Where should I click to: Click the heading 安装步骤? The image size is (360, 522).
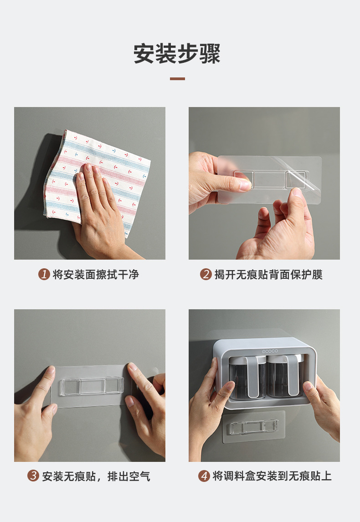point(177,54)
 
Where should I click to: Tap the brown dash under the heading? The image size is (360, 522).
point(177,79)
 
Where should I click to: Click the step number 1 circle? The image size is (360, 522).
point(44,275)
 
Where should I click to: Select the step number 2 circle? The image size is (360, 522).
point(206,275)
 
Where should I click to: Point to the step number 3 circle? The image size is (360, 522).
point(33,476)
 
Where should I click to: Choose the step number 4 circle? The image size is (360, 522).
point(204,476)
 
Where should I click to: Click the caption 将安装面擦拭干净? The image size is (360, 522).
point(96,275)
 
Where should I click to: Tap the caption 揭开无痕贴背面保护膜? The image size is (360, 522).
point(268,275)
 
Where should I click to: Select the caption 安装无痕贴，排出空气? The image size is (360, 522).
point(96,476)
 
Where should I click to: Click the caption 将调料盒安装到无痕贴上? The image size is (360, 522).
point(272,476)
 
